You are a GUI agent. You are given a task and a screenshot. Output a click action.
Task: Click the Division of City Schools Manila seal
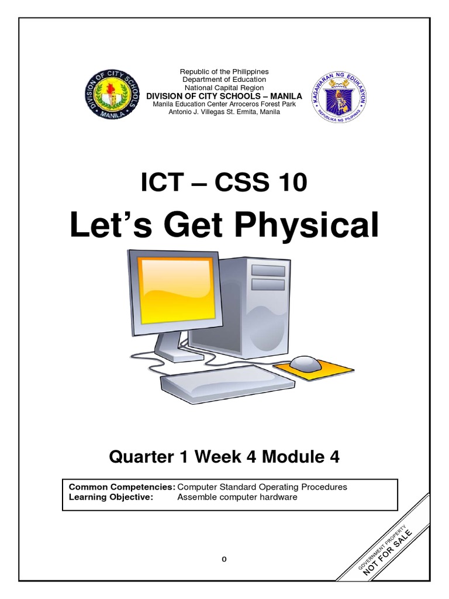(x=111, y=95)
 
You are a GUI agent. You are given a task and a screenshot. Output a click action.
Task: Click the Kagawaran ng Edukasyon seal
(x=338, y=97)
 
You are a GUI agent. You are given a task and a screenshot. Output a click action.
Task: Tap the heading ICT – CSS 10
(x=224, y=183)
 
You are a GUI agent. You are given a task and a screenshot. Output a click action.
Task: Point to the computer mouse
(x=305, y=363)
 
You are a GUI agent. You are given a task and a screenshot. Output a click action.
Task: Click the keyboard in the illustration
(x=228, y=383)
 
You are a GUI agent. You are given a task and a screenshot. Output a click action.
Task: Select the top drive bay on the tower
(x=268, y=270)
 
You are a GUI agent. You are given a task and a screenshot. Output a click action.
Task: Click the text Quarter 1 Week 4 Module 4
(x=224, y=457)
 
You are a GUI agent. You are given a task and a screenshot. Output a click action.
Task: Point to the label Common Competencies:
(x=122, y=487)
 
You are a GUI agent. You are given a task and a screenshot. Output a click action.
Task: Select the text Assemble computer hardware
(x=237, y=497)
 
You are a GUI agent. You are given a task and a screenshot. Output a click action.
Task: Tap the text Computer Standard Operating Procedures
(x=262, y=487)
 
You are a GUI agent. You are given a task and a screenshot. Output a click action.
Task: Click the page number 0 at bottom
(x=223, y=559)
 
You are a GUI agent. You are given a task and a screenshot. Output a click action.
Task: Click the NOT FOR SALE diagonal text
(x=388, y=553)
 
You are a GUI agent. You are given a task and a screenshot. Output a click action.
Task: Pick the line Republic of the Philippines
(x=224, y=71)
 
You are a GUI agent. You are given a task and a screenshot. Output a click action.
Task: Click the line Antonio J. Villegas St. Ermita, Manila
(x=224, y=112)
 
